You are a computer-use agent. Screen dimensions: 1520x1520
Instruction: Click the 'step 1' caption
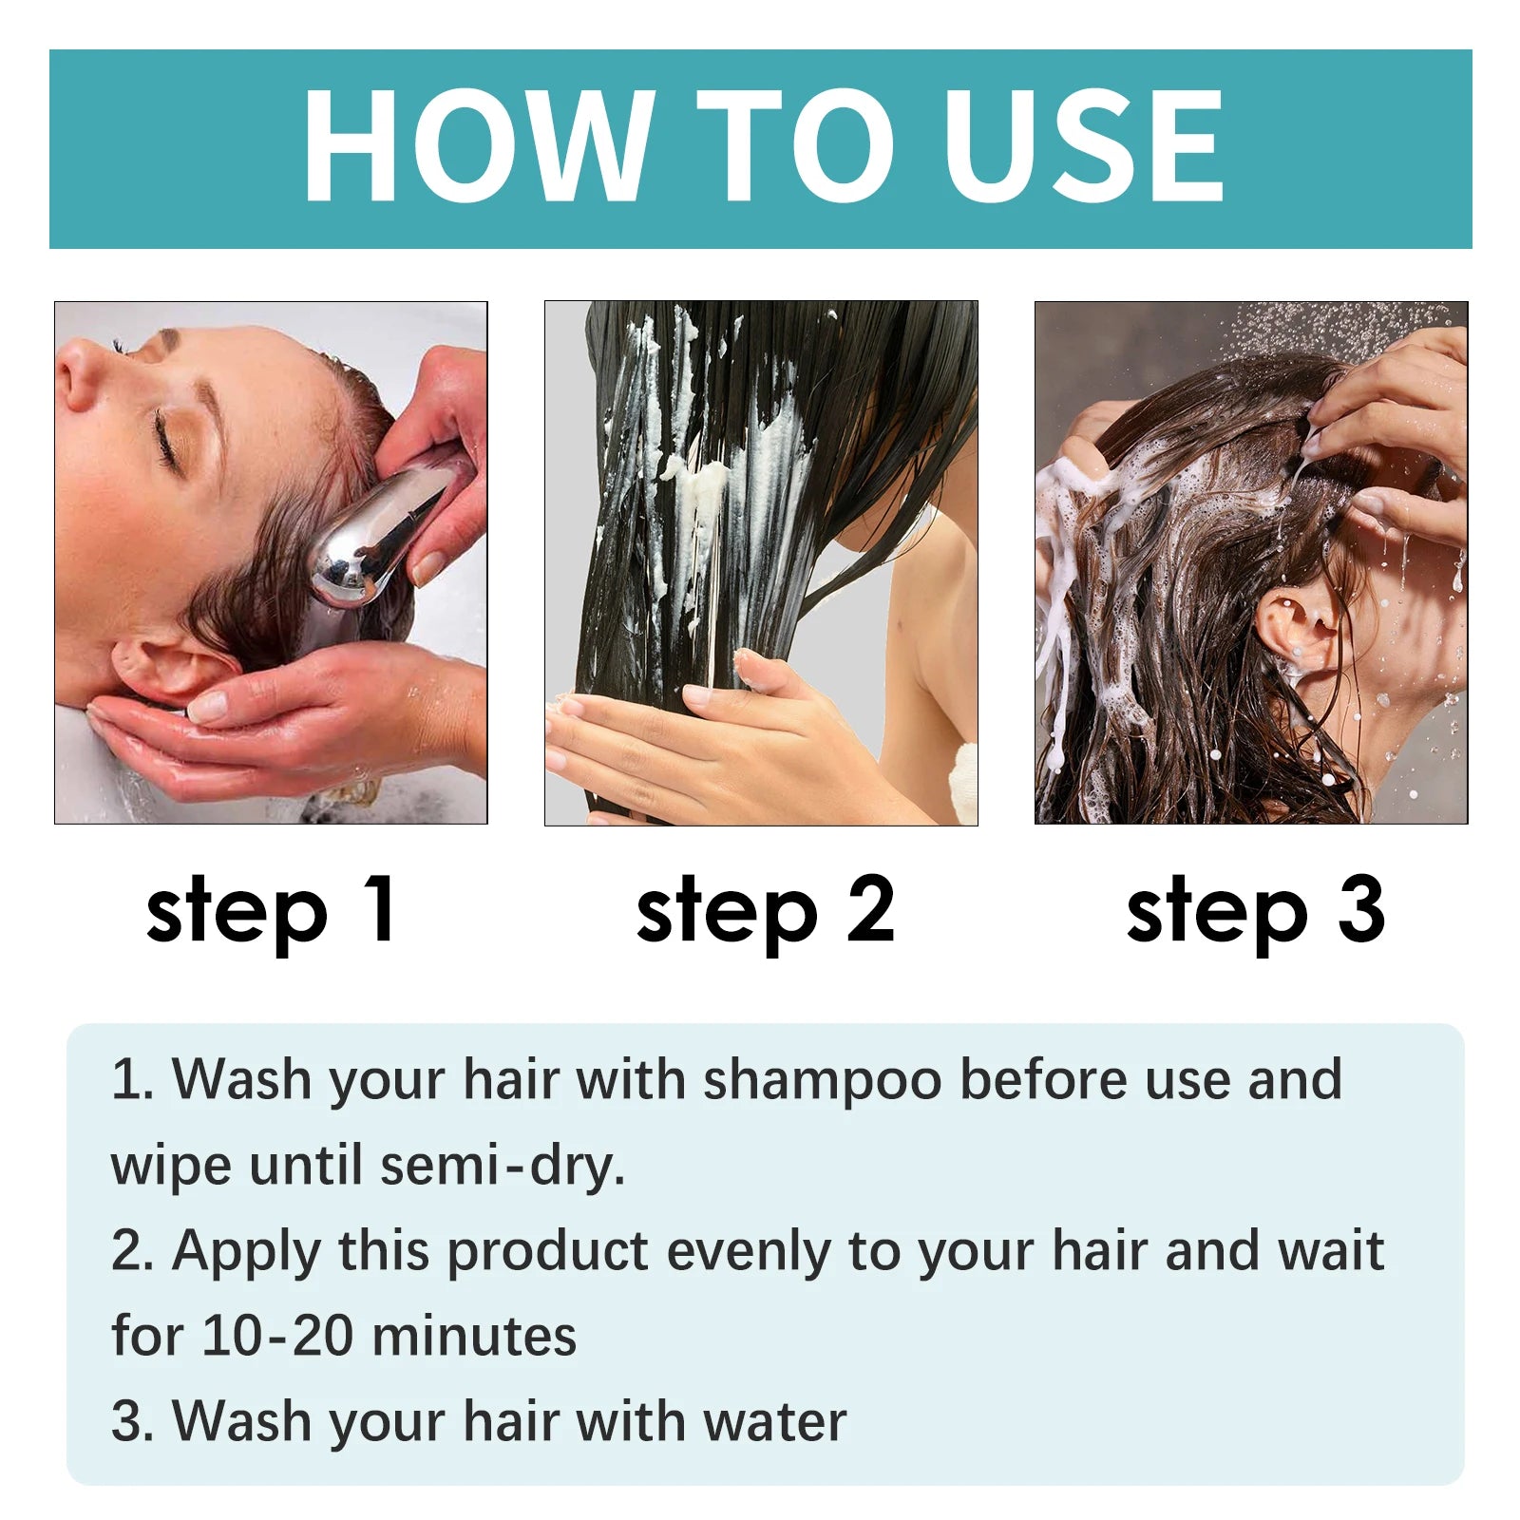(x=271, y=910)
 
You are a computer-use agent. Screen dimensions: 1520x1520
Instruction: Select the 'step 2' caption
(x=765, y=910)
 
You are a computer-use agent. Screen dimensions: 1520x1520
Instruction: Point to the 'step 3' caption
(x=1255, y=910)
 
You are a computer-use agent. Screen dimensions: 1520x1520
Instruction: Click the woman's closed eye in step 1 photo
(x=169, y=439)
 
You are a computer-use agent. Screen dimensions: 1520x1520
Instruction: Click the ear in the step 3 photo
(x=1294, y=627)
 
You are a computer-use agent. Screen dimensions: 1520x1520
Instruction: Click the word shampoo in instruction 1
(x=822, y=1081)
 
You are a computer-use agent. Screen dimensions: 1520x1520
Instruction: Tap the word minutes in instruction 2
(x=473, y=1336)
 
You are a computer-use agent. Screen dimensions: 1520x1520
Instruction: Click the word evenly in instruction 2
(x=748, y=1252)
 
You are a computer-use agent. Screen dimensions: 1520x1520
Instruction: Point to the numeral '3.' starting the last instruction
(x=131, y=1421)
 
